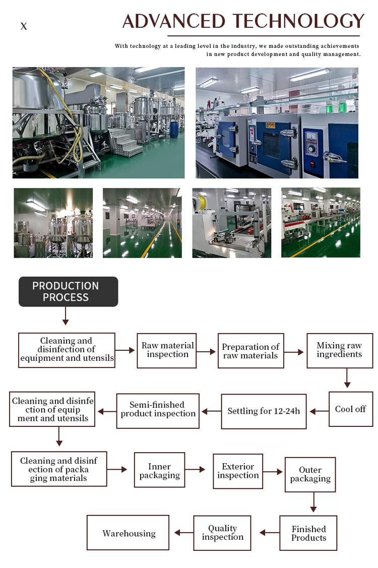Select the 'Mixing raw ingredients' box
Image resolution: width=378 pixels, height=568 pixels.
coord(339,350)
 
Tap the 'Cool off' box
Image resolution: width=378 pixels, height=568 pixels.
coord(350,409)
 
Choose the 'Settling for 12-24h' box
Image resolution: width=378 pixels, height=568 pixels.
coord(264,411)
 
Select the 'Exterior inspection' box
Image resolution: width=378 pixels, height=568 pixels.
coord(238,471)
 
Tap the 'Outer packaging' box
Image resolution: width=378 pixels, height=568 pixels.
coord(310,474)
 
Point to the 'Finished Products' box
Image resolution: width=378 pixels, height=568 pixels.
coord(308,533)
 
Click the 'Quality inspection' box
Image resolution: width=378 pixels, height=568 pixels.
coord(222,533)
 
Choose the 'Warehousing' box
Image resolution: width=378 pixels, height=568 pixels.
coord(128,533)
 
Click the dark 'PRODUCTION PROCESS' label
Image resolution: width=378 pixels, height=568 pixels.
coord(68,291)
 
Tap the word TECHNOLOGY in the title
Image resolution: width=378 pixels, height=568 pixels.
coord(298,21)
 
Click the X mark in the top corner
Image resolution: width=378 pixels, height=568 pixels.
coord(24,26)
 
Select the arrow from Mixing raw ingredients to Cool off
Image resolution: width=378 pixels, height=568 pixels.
coord(347,378)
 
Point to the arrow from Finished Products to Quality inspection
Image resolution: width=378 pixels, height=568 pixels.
coord(269,532)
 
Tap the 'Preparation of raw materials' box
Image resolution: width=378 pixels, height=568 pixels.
coord(250,351)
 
